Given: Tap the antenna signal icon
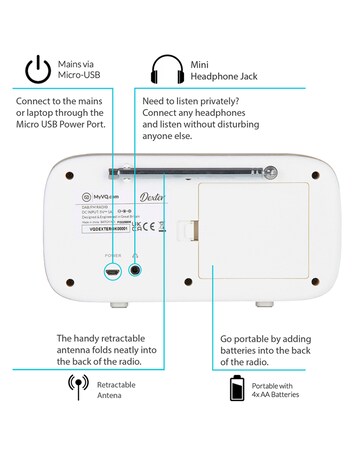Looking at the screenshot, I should coord(76,387).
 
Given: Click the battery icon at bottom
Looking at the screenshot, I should coord(237,387).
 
